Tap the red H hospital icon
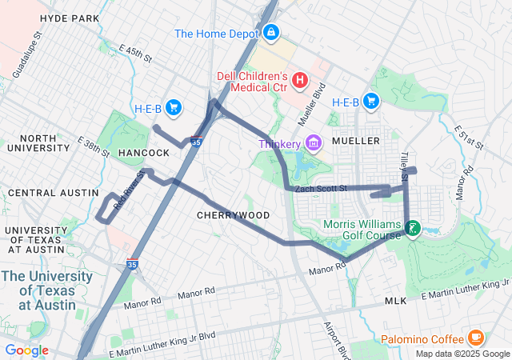tap(300, 79)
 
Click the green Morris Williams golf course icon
tap(413, 229)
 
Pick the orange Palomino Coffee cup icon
tap(475, 337)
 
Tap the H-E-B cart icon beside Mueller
tap(370, 101)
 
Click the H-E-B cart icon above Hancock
tap(174, 108)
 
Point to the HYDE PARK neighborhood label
tap(69, 18)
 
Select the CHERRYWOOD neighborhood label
tap(234, 216)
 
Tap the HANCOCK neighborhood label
tap(144, 152)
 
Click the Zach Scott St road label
tap(320, 189)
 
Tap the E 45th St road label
tap(137, 56)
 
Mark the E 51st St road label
tap(468, 138)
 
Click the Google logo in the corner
tap(26, 350)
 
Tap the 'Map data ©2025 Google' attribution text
tap(462, 354)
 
